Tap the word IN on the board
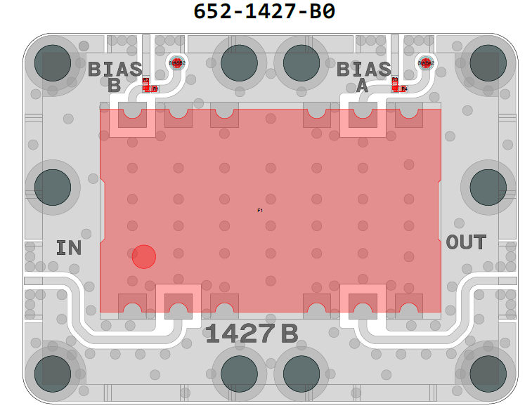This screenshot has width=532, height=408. pyautogui.click(x=69, y=247)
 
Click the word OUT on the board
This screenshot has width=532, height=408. pyautogui.click(x=466, y=243)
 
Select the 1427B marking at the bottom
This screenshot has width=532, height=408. pyautogui.click(x=251, y=334)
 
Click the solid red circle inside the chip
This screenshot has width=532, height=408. pyautogui.click(x=143, y=256)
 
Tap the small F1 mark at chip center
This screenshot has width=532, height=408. pyautogui.click(x=260, y=210)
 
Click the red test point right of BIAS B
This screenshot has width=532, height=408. pyautogui.click(x=177, y=62)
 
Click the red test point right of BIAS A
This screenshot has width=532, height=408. pyautogui.click(x=425, y=62)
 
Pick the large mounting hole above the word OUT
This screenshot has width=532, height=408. pyautogui.click(x=488, y=187)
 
